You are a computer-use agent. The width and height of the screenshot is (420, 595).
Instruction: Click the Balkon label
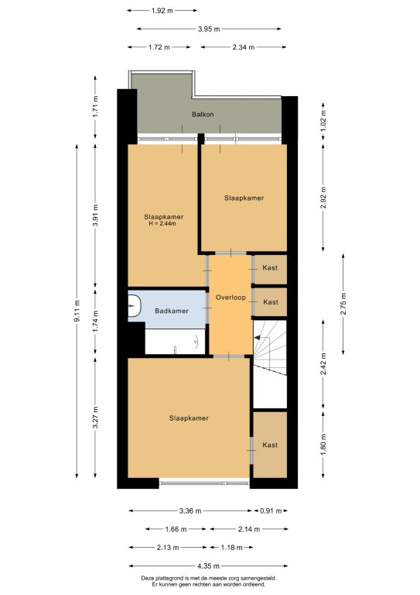[x=203, y=114]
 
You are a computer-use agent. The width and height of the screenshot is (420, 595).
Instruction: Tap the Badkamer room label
[x=172, y=311]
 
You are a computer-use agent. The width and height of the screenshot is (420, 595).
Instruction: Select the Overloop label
[x=230, y=297]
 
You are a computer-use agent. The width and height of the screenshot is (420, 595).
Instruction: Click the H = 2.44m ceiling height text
[x=162, y=223]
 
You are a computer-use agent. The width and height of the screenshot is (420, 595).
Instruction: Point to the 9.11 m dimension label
[x=77, y=311]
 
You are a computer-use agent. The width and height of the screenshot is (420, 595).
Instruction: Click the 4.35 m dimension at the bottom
[x=208, y=566]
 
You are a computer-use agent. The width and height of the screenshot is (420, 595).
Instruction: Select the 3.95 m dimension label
[x=209, y=29]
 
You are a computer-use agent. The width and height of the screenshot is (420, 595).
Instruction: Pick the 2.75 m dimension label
[x=343, y=304]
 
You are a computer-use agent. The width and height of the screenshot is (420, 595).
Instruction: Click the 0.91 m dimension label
[x=271, y=511]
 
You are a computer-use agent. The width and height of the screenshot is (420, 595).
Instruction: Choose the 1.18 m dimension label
[x=231, y=548]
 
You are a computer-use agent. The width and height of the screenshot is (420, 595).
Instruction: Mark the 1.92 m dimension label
[x=162, y=11]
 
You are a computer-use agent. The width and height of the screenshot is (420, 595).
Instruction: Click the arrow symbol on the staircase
[x=258, y=337]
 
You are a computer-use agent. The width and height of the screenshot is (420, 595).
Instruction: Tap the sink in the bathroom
[x=134, y=306]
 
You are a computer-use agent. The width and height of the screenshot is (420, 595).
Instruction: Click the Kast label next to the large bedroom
[x=270, y=445]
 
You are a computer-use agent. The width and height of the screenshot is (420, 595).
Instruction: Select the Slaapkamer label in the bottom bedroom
[x=189, y=418]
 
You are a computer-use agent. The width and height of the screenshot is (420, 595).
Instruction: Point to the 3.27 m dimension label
[x=96, y=418]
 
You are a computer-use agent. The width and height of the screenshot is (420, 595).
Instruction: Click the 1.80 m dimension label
[x=323, y=445]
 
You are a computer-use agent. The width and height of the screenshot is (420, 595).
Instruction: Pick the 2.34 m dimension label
[x=243, y=47]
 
